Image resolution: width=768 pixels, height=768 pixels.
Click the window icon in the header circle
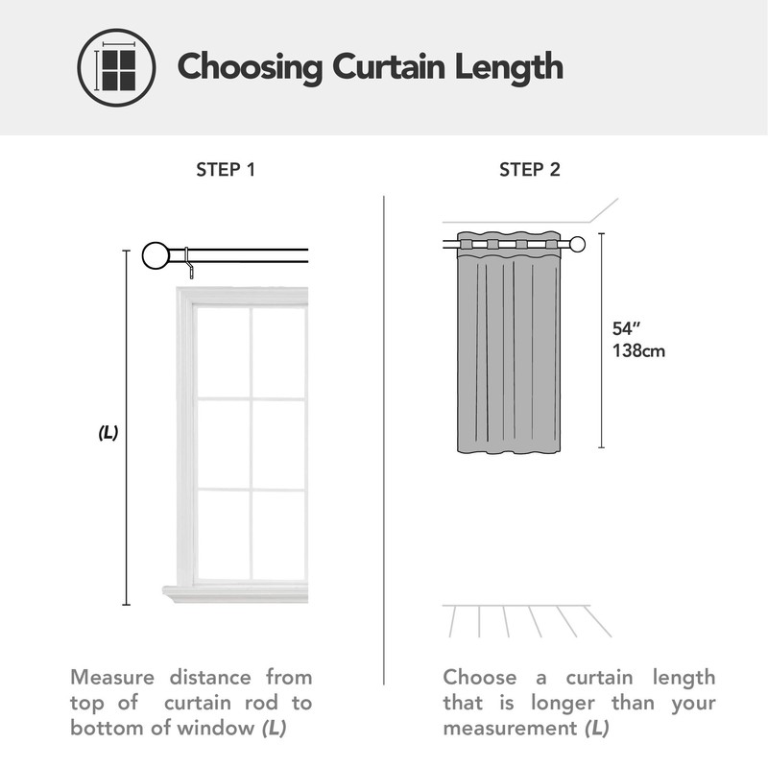(116, 67)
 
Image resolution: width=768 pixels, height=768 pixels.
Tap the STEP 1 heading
(226, 171)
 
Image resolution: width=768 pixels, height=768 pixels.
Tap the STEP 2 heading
(530, 171)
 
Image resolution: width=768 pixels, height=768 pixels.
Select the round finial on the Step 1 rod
(156, 255)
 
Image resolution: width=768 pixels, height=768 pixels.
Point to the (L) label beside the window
(108, 433)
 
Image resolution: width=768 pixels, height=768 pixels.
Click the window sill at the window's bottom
(236, 594)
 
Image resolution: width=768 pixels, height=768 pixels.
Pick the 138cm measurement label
(638, 351)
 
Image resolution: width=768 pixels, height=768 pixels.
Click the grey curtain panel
(508, 355)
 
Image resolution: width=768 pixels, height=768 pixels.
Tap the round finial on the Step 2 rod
(577, 244)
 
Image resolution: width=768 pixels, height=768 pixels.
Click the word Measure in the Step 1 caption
(113, 678)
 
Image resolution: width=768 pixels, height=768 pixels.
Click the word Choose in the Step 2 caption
(479, 678)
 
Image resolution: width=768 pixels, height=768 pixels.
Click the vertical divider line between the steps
(384, 432)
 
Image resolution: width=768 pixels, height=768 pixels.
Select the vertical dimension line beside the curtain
(601, 341)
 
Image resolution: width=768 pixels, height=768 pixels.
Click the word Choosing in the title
(250, 67)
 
